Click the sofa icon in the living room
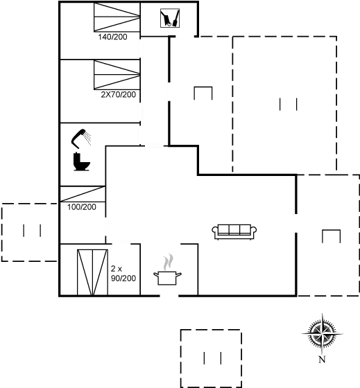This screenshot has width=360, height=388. tap(234, 231)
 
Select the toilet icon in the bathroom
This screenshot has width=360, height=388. tap(82, 161)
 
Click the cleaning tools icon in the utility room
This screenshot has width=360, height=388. tap(170, 18)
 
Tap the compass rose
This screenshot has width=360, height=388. tap(322, 333)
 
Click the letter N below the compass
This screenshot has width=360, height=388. tap(322, 360)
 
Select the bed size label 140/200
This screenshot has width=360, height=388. tap(113, 37)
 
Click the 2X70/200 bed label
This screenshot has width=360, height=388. tap(119, 94)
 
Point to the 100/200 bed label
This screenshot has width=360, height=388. tap(82, 207)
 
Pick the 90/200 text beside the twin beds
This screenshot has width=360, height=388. tap(123, 278)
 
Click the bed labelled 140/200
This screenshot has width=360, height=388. tap(117, 17)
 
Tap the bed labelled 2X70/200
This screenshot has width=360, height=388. tap(117, 75)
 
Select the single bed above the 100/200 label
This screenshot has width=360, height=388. tap(83, 194)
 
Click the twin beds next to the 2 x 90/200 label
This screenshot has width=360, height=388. tap(92, 272)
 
